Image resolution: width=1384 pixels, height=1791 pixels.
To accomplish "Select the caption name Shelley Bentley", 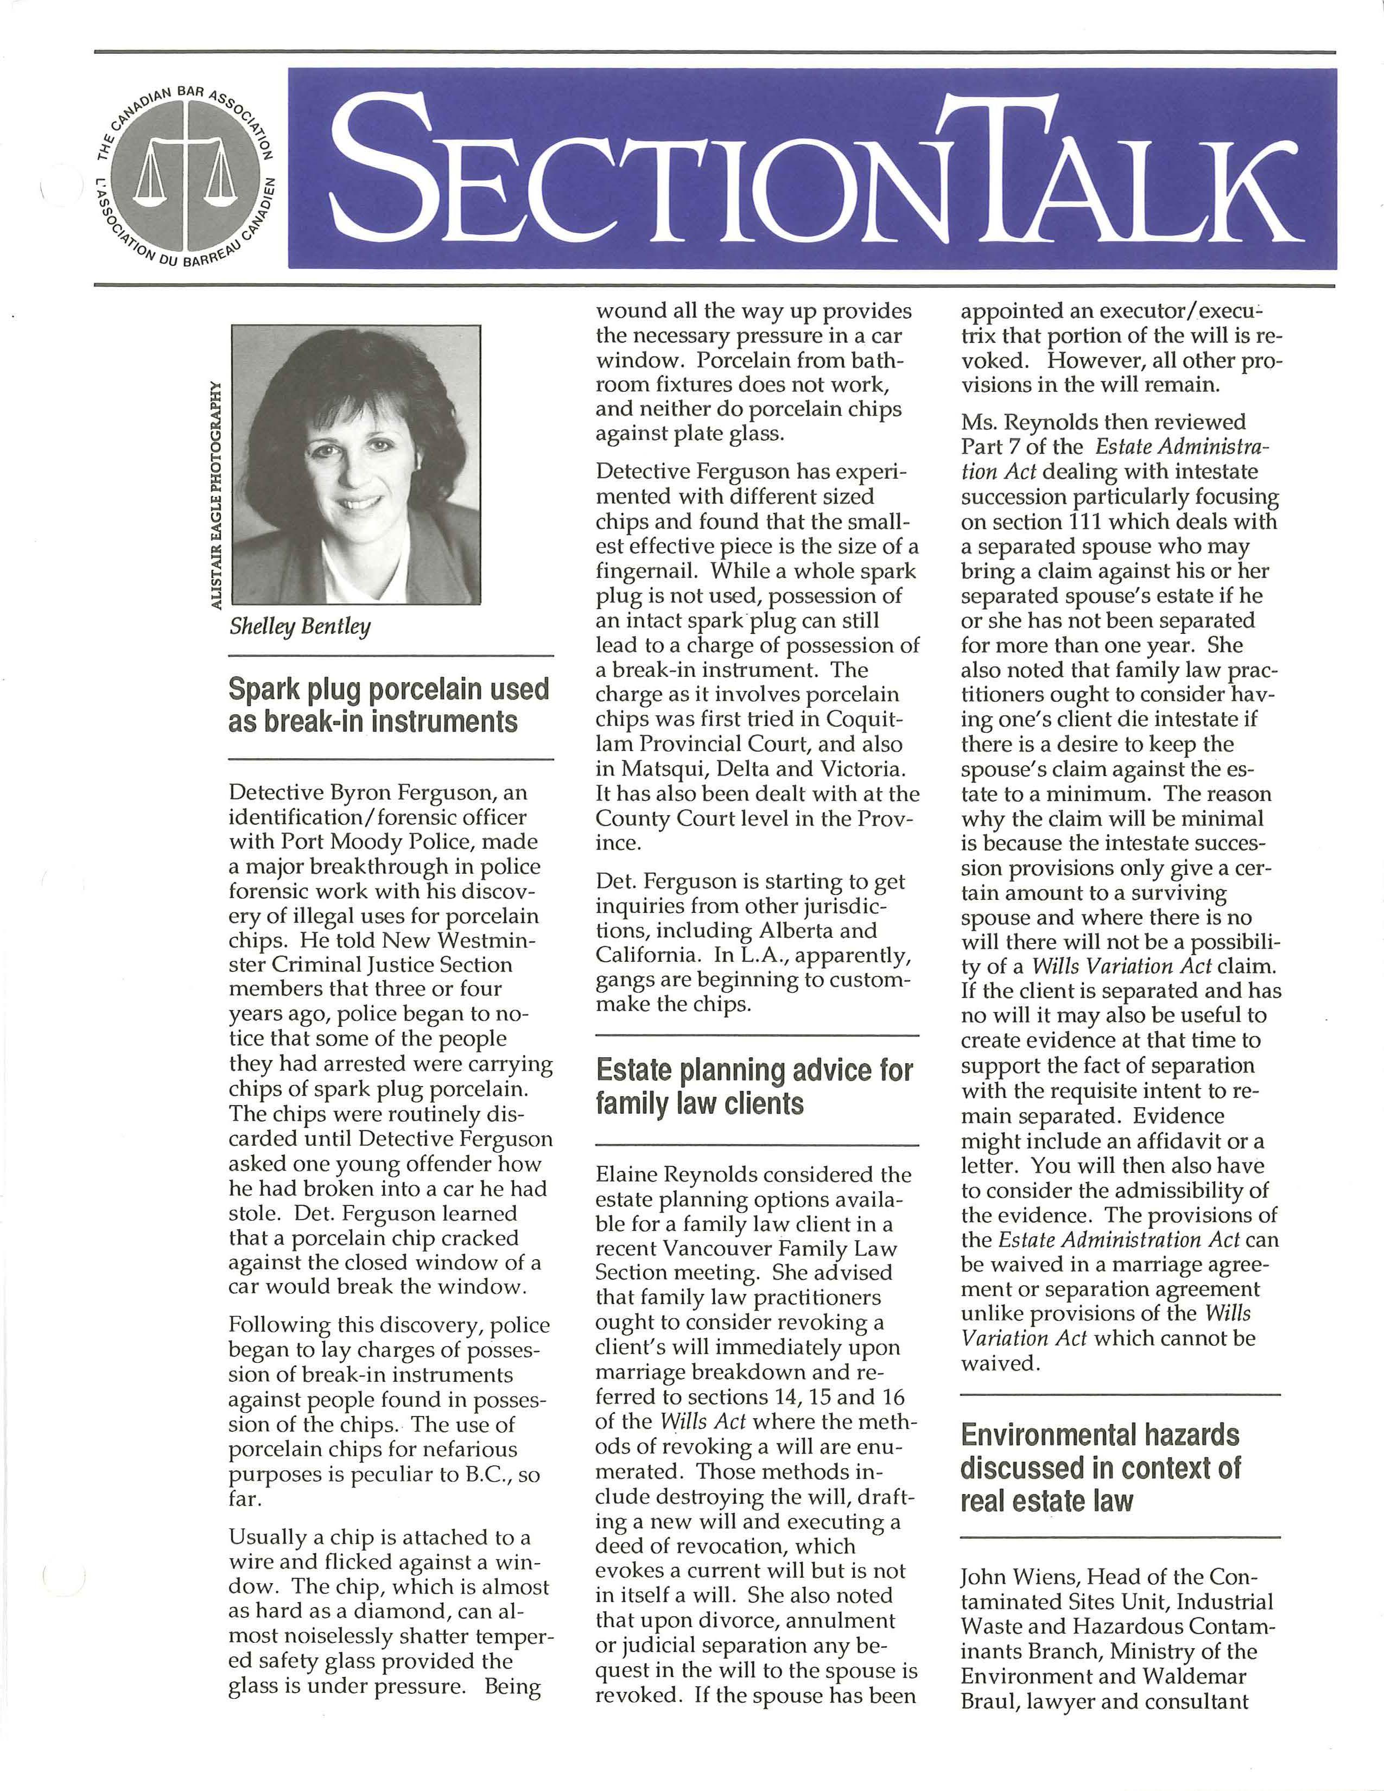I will point(300,626).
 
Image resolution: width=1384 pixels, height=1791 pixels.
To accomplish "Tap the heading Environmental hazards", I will point(1100,1434).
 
